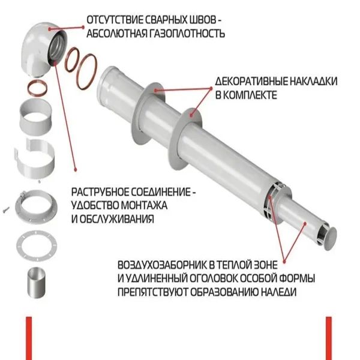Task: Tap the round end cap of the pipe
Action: (331, 239)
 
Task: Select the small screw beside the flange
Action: (6, 209)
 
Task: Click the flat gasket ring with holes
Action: (37, 246)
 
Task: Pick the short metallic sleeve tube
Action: (37, 283)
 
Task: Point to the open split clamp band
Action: (35, 158)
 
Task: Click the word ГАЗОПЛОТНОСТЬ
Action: (187, 34)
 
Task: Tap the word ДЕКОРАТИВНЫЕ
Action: (251, 82)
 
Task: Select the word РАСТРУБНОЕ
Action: (99, 192)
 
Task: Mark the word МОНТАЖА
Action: (144, 205)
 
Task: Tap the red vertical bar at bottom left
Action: (29, 338)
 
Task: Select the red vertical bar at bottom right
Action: (329, 338)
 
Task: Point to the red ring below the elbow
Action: (37, 88)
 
